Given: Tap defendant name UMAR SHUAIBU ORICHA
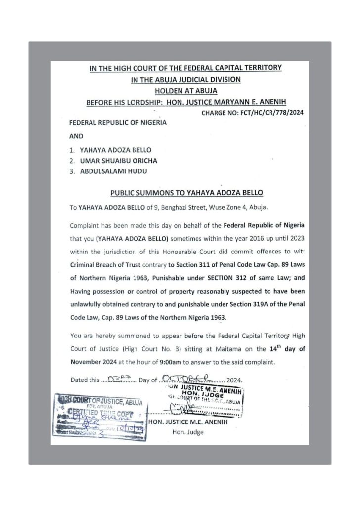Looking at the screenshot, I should (x=118, y=160).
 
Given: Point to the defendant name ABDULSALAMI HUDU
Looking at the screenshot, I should (x=113, y=171).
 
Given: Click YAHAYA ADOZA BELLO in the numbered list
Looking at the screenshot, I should (x=116, y=149).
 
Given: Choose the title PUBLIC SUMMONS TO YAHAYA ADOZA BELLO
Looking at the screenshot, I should (x=186, y=192).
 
